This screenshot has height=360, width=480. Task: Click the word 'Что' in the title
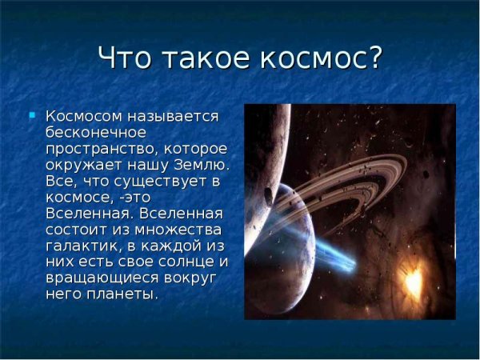tap(127, 59)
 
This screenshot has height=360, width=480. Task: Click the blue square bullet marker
tap(32, 115)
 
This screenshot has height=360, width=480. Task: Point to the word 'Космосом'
tap(82, 117)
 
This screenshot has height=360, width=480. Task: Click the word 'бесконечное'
tap(97, 133)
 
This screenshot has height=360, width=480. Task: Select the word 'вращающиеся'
tap(99, 278)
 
